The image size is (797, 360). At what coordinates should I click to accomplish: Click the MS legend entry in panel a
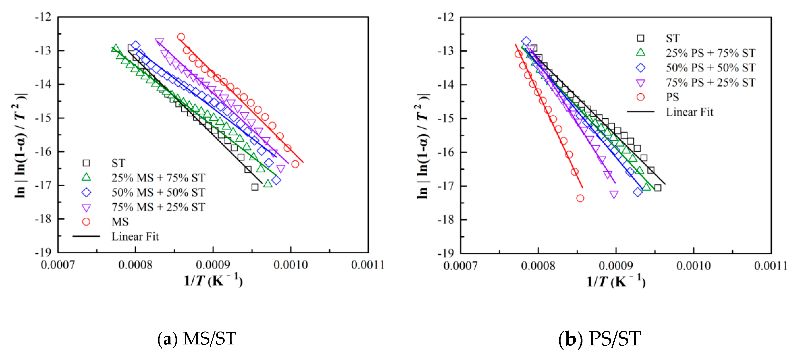coord(120,222)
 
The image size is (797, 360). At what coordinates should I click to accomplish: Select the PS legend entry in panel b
coord(672,97)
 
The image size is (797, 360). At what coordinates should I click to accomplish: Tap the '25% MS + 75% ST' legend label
coord(158,178)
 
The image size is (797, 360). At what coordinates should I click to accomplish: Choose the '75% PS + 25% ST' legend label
coord(710,83)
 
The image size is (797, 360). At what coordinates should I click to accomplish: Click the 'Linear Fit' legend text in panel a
coord(135,237)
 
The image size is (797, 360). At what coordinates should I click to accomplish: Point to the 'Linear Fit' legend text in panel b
coord(689,112)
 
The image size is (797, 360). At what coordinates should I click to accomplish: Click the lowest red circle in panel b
coord(580,198)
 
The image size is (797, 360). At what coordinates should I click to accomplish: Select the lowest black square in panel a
coord(255,187)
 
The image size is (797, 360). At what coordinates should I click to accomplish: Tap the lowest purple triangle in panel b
coord(614,194)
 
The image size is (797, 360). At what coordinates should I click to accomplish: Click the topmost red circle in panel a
coord(181,37)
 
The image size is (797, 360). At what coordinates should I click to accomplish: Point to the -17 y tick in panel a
coord(43,185)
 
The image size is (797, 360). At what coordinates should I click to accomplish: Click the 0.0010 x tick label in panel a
coord(291,265)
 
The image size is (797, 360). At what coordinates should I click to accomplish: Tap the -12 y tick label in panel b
coord(446,17)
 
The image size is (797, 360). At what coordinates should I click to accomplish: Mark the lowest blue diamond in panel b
coord(637,192)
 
